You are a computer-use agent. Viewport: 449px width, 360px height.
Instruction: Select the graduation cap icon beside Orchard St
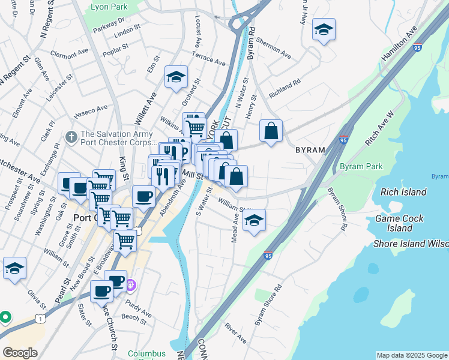176,77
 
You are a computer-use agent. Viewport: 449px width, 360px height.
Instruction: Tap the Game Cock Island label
399,223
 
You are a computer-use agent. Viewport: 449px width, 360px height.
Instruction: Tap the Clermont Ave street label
70,53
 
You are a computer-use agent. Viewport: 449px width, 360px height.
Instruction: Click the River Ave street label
235,333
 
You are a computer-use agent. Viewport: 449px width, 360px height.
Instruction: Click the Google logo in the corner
19,352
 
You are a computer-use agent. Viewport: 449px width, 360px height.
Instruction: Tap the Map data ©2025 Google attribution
411,355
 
